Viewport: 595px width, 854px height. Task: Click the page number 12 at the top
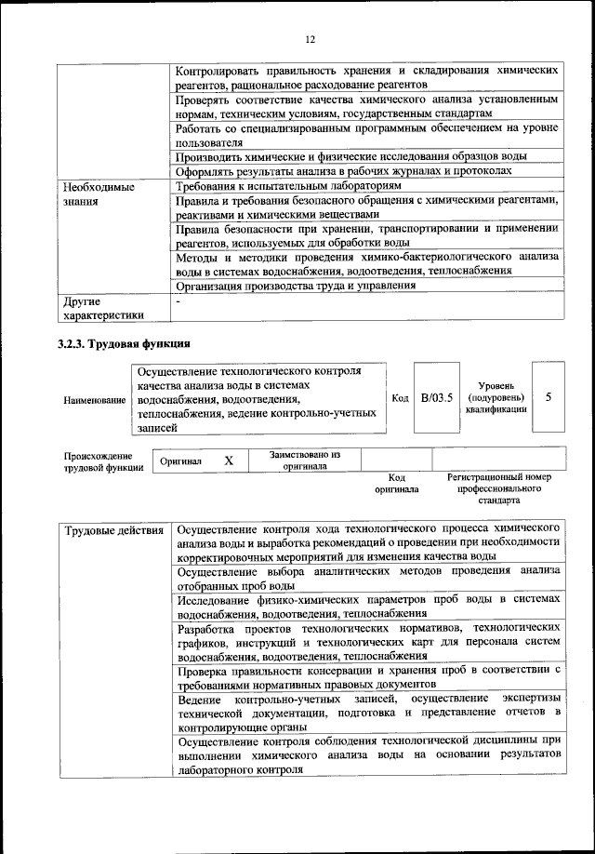[x=311, y=39]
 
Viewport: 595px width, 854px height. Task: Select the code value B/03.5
[x=436, y=397]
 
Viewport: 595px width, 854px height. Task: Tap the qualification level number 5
[x=549, y=397]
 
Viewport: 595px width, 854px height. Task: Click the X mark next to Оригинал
[x=229, y=460]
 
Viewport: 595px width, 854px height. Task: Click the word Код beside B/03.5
[x=400, y=398]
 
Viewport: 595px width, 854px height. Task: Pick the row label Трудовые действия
[x=115, y=531]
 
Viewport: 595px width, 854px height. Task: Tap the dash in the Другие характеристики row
[x=178, y=301]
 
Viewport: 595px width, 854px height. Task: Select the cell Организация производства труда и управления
[x=296, y=287]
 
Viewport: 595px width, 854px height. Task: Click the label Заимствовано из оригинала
[x=305, y=460]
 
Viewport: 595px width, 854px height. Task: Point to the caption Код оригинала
[x=397, y=482]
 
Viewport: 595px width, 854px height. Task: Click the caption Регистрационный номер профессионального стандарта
[x=499, y=487]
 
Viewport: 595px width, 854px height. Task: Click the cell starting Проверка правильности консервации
[x=369, y=676]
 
